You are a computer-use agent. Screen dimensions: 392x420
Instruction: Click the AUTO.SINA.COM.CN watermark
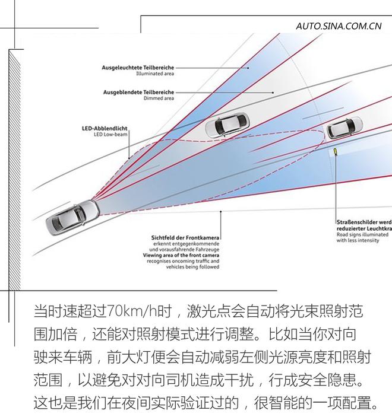point(339,26)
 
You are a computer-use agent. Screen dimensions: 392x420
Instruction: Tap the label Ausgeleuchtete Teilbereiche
point(138,68)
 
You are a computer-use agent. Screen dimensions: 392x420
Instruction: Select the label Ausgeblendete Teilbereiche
point(138,93)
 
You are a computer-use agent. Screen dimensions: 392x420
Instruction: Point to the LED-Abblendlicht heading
point(105,128)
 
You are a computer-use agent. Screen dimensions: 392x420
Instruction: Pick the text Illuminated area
point(154,75)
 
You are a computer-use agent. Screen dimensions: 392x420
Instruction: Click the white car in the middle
point(227,125)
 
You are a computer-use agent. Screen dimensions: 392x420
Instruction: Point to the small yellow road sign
point(336,152)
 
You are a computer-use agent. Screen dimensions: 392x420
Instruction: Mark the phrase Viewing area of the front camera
point(181,256)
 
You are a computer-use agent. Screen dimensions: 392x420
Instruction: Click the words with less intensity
point(359,241)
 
